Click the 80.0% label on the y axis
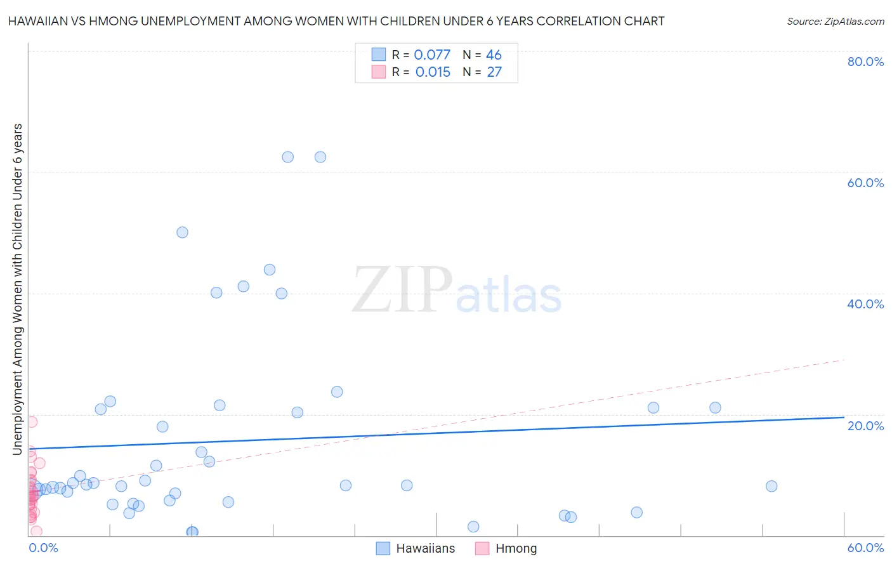click(x=865, y=62)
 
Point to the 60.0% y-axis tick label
click(x=865, y=183)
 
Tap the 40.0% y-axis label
click(x=865, y=304)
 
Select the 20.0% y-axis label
click(x=865, y=426)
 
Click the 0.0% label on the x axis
click(x=43, y=548)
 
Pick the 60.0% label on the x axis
click(x=865, y=548)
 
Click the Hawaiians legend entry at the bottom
click(x=416, y=548)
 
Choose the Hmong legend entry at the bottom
click(x=506, y=548)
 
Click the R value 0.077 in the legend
click(x=432, y=55)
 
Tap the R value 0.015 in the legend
click(x=433, y=72)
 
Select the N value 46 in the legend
click(x=494, y=55)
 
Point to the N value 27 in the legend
click(x=494, y=72)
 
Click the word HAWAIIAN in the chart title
click(x=37, y=21)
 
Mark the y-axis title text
click(x=18, y=289)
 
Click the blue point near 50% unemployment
click(x=182, y=232)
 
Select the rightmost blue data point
click(x=771, y=486)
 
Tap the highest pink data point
click(x=32, y=421)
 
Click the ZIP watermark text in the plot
click(x=402, y=290)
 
